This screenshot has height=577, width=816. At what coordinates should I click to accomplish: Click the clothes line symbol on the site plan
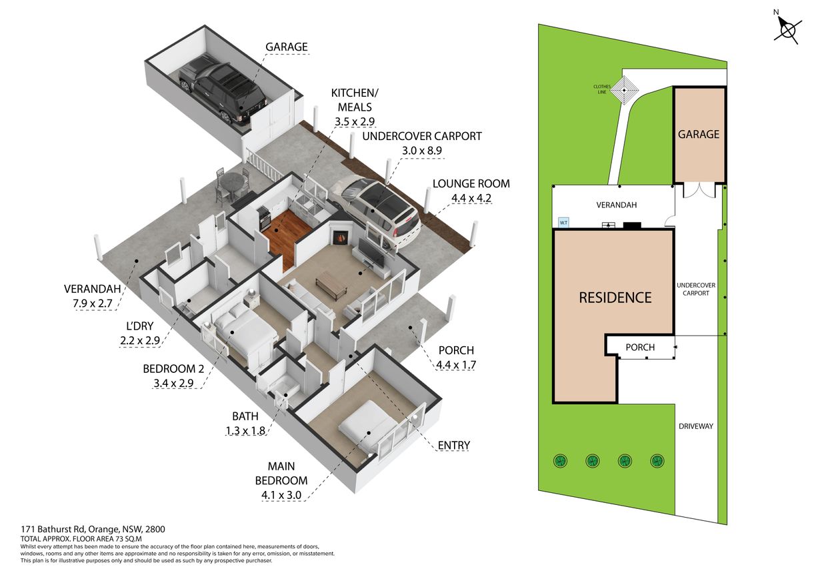tap(625, 90)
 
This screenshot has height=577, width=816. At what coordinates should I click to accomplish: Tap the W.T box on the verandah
tap(563, 222)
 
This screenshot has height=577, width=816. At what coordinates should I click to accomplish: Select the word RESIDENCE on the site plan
tap(615, 298)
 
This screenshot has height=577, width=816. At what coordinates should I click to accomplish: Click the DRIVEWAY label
tap(696, 426)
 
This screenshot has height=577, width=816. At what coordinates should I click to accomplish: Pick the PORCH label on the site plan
tap(640, 348)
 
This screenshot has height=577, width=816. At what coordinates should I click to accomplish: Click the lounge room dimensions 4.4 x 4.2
tap(471, 198)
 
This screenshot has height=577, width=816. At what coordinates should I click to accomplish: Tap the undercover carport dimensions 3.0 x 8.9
tap(422, 151)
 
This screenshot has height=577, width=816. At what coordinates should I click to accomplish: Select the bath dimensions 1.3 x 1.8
tap(245, 431)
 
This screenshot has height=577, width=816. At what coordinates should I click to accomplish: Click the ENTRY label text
tap(453, 446)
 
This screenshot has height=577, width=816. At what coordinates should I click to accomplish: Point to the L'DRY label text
tap(139, 326)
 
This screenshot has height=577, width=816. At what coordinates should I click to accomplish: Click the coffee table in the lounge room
tap(331, 287)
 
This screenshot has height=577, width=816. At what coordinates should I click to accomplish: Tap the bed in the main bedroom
tap(368, 429)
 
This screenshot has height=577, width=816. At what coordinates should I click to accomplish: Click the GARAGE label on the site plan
tap(699, 135)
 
